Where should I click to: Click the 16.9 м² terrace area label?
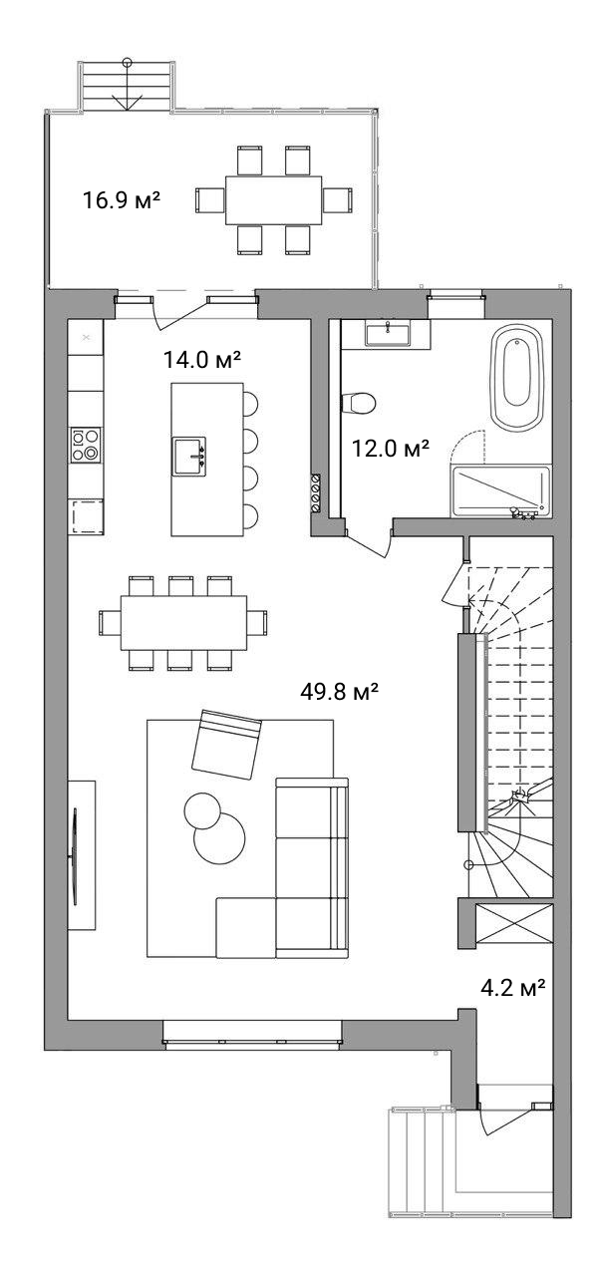pyautogui.click(x=122, y=200)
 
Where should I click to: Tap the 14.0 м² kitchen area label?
pyautogui.click(x=202, y=360)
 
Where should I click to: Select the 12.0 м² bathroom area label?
pyautogui.click(x=390, y=449)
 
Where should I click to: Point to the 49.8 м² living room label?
pyautogui.click(x=339, y=692)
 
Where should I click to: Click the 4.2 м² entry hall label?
pyautogui.click(x=513, y=987)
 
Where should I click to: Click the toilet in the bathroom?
pyautogui.click(x=359, y=404)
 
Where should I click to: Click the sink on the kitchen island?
pyautogui.click(x=189, y=457)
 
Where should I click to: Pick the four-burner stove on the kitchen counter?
pyautogui.click(x=86, y=445)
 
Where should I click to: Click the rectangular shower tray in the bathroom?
pyautogui.click(x=500, y=492)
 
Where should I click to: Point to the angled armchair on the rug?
pyautogui.click(x=226, y=744)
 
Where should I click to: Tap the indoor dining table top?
pyautogui.click(x=184, y=622)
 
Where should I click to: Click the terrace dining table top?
pyautogui.click(x=274, y=200)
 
